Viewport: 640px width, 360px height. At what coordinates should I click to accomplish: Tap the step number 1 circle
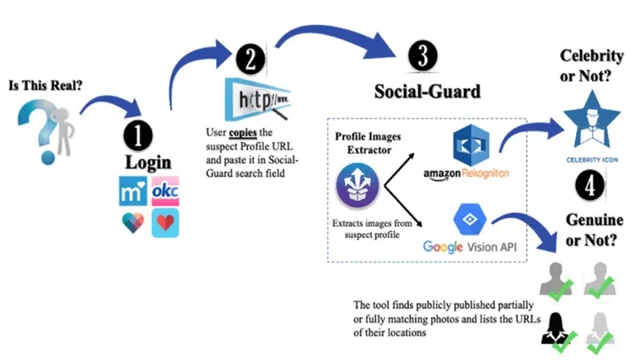coord(137,135)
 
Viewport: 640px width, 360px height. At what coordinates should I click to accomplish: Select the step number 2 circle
coord(251,59)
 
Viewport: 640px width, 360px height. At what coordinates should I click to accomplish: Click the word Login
coord(148,164)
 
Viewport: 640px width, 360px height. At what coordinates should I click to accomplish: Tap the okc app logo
coord(165,191)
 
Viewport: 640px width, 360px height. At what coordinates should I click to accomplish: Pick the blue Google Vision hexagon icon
coord(466,218)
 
